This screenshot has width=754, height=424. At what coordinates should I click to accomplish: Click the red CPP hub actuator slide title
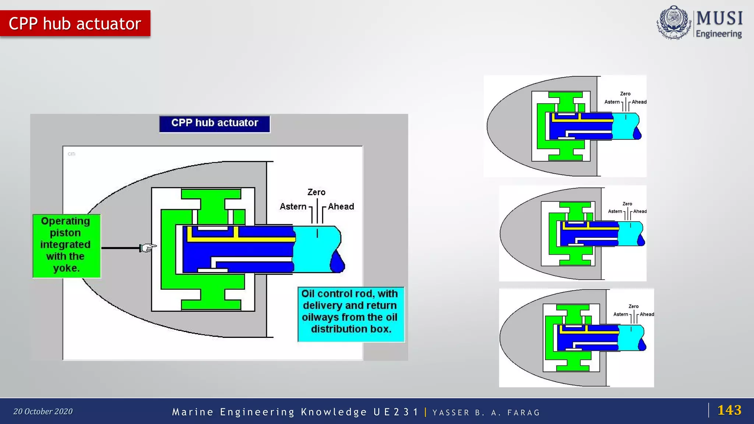pyautogui.click(x=75, y=24)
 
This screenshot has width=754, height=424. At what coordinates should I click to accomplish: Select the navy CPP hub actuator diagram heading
pyautogui.click(x=215, y=123)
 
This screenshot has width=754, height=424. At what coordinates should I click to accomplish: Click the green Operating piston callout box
pyautogui.click(x=66, y=245)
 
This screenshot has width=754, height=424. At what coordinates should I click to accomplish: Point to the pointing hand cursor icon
pyautogui.click(x=147, y=248)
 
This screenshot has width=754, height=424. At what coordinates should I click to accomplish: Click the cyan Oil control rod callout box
pyautogui.click(x=350, y=314)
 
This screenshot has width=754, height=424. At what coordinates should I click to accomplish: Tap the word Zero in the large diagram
pyautogui.click(x=316, y=192)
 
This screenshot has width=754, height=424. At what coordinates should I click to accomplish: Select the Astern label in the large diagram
pyautogui.click(x=293, y=206)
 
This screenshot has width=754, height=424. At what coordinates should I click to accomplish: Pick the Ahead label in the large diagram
pyautogui.click(x=341, y=206)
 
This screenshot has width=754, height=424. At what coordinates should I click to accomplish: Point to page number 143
pyautogui.click(x=729, y=410)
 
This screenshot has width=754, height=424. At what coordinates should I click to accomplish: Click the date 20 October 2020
pyautogui.click(x=43, y=411)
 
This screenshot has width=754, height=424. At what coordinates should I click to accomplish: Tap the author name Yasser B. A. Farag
pyautogui.click(x=486, y=413)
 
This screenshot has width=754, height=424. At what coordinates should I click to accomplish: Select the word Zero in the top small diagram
pyautogui.click(x=625, y=94)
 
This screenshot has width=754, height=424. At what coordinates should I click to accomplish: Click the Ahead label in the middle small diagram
pyautogui.click(x=640, y=211)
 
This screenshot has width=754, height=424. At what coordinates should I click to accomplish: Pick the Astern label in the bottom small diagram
pyautogui.click(x=621, y=314)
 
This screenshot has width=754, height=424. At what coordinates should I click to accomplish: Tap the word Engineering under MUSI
pyautogui.click(x=719, y=34)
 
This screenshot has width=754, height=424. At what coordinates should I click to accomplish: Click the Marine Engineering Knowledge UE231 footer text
pyautogui.click(x=295, y=412)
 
